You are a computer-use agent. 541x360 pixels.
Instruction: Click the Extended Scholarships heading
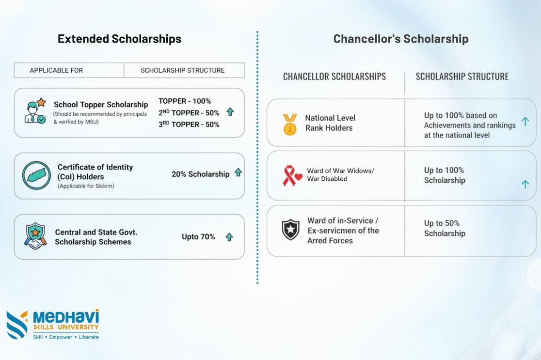pyautogui.click(x=119, y=39)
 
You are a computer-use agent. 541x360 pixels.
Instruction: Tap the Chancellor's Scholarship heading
pyautogui.click(x=400, y=39)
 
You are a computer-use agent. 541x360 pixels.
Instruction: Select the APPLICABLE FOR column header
pyautogui.click(x=56, y=70)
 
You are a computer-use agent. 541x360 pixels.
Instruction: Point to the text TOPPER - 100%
pyautogui.click(x=185, y=101)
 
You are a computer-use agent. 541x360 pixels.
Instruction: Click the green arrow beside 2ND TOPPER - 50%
pyautogui.click(x=230, y=112)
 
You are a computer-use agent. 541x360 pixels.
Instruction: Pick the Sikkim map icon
pyautogui.click(x=36, y=175)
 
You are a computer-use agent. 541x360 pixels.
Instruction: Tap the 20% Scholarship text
pyautogui.click(x=200, y=174)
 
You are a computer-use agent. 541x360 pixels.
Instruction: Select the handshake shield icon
pyautogui.click(x=35, y=236)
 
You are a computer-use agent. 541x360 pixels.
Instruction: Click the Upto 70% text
pyautogui.click(x=198, y=236)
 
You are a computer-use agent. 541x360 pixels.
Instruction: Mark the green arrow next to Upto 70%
pyautogui.click(x=229, y=237)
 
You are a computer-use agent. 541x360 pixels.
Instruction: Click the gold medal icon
pyautogui.click(x=289, y=124)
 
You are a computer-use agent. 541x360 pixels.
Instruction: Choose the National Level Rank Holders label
pyautogui.click(x=330, y=123)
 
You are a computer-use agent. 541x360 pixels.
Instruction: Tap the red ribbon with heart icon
pyautogui.click(x=292, y=175)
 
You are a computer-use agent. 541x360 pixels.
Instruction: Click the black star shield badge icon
pyautogui.click(x=291, y=230)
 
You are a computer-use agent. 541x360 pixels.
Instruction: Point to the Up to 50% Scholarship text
pyautogui.click(x=445, y=228)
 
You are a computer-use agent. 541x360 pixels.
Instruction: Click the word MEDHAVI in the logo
pyautogui.click(x=66, y=317)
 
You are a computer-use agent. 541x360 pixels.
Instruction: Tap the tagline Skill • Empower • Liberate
pyautogui.click(x=66, y=337)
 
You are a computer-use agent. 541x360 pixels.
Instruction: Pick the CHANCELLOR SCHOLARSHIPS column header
pyautogui.click(x=334, y=77)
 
